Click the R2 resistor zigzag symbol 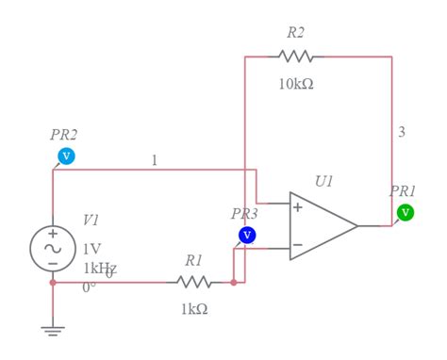pyautogui.click(x=296, y=57)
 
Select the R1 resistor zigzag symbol pyautogui.click(x=194, y=282)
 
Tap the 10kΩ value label pyautogui.click(x=296, y=84)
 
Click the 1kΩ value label pyautogui.click(x=193, y=309)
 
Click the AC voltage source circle pyautogui.click(x=53, y=248)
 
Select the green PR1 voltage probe pyautogui.click(x=406, y=212)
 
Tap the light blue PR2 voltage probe pyautogui.click(x=66, y=155)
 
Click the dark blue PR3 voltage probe pyautogui.click(x=247, y=235)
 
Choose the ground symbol pyautogui.click(x=53, y=330)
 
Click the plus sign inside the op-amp pyautogui.click(x=297, y=207)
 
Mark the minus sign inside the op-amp pyautogui.click(x=297, y=245)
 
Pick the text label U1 pyautogui.click(x=324, y=181)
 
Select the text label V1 pyautogui.click(x=91, y=220)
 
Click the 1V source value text pyautogui.click(x=91, y=249)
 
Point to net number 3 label pyautogui.click(x=402, y=132)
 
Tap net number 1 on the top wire pyautogui.click(x=155, y=160)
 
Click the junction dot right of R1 pyautogui.click(x=234, y=282)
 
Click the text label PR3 pyautogui.click(x=244, y=214)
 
